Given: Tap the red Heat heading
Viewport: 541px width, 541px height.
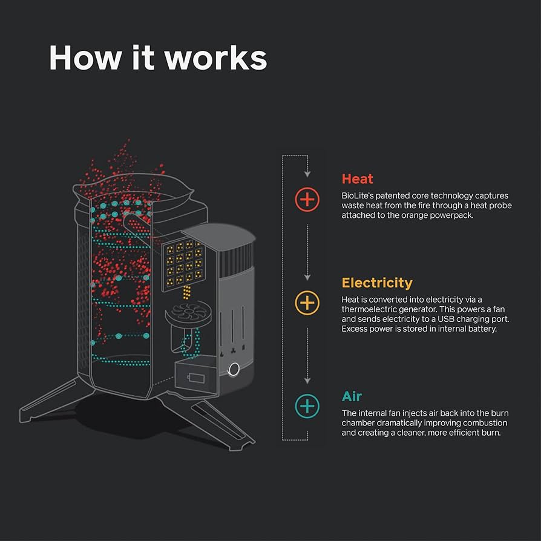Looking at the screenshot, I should coord(357,179).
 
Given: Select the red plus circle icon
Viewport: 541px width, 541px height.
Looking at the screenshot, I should coord(307,199).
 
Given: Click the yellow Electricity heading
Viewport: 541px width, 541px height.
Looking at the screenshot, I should coord(376,283).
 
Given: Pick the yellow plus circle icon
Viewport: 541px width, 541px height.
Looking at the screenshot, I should coord(307,303).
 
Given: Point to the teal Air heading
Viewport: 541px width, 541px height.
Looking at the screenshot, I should coord(352,396).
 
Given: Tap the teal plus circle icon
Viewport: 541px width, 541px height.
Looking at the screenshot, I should coord(307,405).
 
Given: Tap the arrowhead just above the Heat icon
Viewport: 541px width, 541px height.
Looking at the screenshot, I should coord(307,174).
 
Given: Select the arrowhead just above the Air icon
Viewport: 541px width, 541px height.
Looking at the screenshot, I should coord(307,381).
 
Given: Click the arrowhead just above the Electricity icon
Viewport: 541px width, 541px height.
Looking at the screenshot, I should coord(307,278).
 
